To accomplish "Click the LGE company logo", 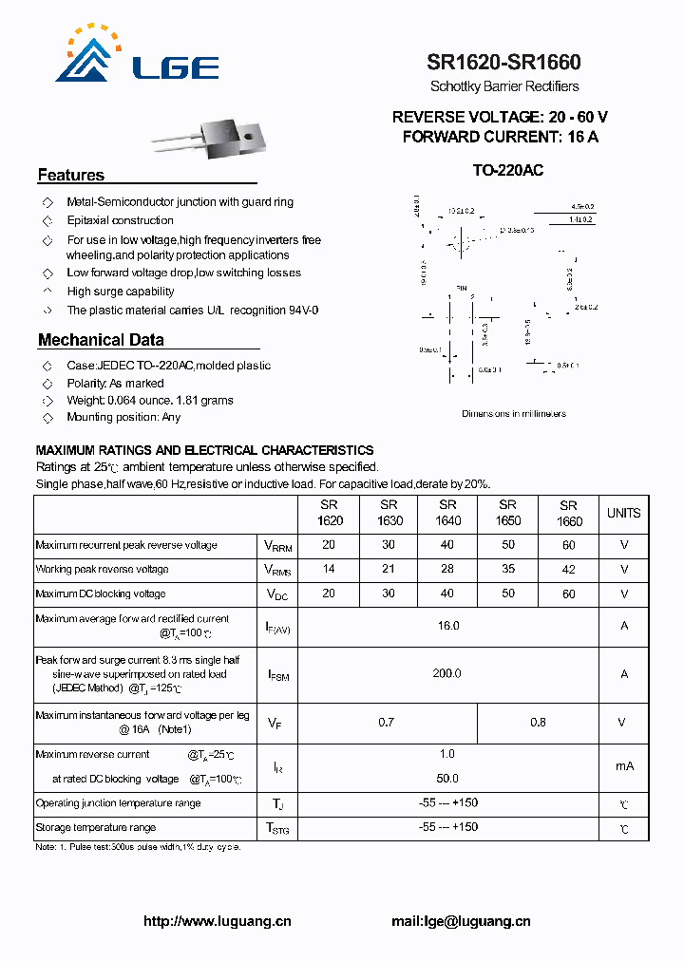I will tap(137, 56).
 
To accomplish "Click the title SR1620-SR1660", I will tap(503, 63).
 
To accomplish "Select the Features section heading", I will tap(71, 176).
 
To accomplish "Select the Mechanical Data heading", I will tap(101, 340).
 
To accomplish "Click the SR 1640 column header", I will tap(447, 513).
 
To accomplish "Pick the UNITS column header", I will tap(623, 513).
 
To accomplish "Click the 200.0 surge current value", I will tap(447, 673).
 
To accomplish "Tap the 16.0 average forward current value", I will tap(447, 626).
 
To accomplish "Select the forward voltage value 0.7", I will tap(386, 723).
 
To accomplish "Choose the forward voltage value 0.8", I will tap(538, 723).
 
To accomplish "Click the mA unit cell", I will tap(623, 766).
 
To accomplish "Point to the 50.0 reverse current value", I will tap(447, 778).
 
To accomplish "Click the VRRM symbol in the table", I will tap(278, 546).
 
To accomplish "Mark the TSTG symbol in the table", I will tap(277, 828).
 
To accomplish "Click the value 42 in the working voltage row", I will tap(568, 570).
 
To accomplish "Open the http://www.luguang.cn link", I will tap(217, 921).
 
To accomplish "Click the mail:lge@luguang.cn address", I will tap(461, 921).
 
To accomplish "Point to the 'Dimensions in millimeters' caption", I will tap(514, 414).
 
